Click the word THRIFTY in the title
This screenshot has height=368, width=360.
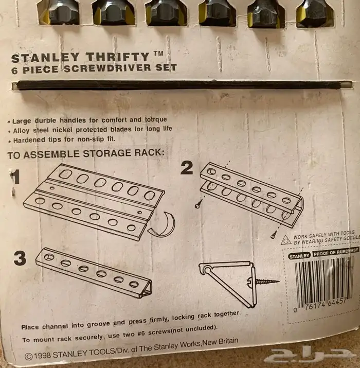[x=117, y=57]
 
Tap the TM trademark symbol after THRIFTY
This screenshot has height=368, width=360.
[x=158, y=54]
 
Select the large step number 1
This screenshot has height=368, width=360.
[x=15, y=178]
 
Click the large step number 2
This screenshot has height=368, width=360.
[x=187, y=168]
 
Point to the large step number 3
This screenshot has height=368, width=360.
[x=20, y=258]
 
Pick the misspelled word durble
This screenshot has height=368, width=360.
[x=45, y=120]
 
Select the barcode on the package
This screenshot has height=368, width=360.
[x=323, y=281]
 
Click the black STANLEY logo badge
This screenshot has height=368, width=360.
[x=299, y=256]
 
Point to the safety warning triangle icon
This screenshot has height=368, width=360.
[x=286, y=240]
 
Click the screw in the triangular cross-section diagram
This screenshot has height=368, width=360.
[x=263, y=282]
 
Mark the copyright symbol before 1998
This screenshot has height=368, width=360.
[x=29, y=357]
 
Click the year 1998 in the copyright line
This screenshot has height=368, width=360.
[x=43, y=355]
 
